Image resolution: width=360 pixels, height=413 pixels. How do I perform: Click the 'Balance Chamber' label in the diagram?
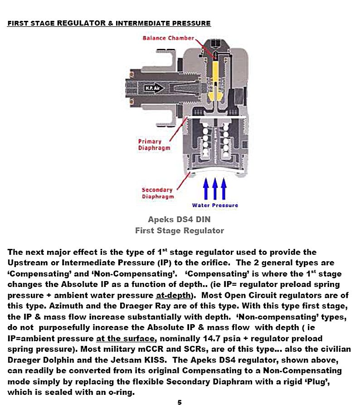pos(168,38)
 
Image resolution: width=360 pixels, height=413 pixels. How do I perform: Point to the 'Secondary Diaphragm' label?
pos(157,193)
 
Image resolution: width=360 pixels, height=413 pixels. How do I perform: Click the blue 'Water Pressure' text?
pos(215,205)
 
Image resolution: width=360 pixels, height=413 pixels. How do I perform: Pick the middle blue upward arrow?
pos(214,188)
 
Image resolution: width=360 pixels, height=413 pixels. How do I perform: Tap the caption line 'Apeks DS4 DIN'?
pos(179,219)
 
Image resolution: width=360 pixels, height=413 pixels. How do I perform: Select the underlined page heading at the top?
pos(109,23)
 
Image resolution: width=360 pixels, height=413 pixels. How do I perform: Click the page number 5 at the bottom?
pos(180,402)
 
